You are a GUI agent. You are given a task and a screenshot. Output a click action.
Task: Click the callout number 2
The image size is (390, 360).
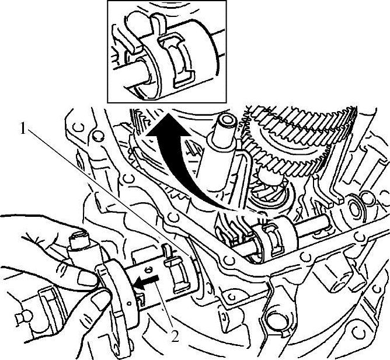click(175, 337)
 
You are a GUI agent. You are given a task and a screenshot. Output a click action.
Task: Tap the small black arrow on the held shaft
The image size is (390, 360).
click(146, 282)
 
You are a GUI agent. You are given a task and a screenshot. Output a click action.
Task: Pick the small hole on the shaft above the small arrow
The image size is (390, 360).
click(149, 269)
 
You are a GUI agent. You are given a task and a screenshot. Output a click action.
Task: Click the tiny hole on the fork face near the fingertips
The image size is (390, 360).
click(129, 303)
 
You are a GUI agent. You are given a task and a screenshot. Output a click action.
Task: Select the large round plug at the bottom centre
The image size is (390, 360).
click(276, 319)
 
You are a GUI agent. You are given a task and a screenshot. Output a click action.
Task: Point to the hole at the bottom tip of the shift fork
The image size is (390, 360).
click(116, 347)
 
